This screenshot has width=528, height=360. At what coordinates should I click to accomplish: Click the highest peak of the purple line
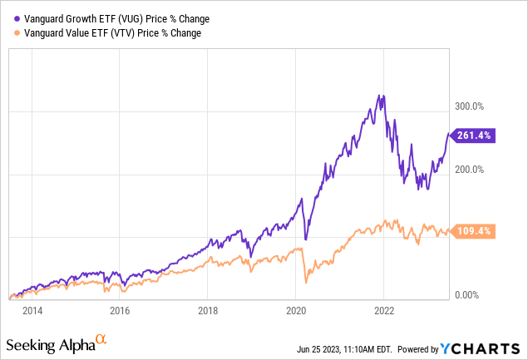pyautogui.click(x=381, y=95)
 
